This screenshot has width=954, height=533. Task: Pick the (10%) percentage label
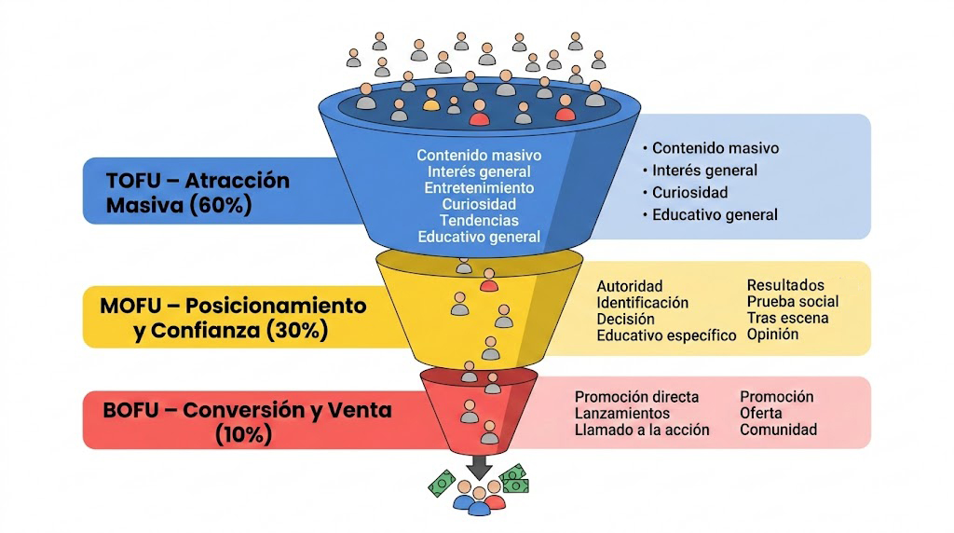pyautogui.click(x=244, y=434)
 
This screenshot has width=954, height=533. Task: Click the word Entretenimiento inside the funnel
pyautogui.click(x=479, y=187)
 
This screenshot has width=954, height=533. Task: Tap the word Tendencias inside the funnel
pyautogui.click(x=480, y=220)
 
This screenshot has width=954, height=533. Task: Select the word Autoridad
pyautogui.click(x=629, y=286)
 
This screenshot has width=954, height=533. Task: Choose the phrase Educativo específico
pyautogui.click(x=666, y=335)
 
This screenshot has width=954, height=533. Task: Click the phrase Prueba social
pyautogui.click(x=792, y=301)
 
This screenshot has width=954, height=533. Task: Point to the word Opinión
pyautogui.click(x=772, y=334)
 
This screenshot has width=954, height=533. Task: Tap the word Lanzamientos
pyautogui.click(x=621, y=413)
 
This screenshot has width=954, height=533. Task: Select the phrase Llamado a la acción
pyautogui.click(x=642, y=430)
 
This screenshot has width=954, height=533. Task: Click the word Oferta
pyautogui.click(x=761, y=413)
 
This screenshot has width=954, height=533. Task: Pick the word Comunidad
pyautogui.click(x=778, y=430)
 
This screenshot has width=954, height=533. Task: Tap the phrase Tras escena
pyautogui.click(x=787, y=318)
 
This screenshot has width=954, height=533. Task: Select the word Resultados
pyautogui.click(x=785, y=285)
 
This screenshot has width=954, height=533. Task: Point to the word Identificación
pyautogui.click(x=642, y=303)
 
